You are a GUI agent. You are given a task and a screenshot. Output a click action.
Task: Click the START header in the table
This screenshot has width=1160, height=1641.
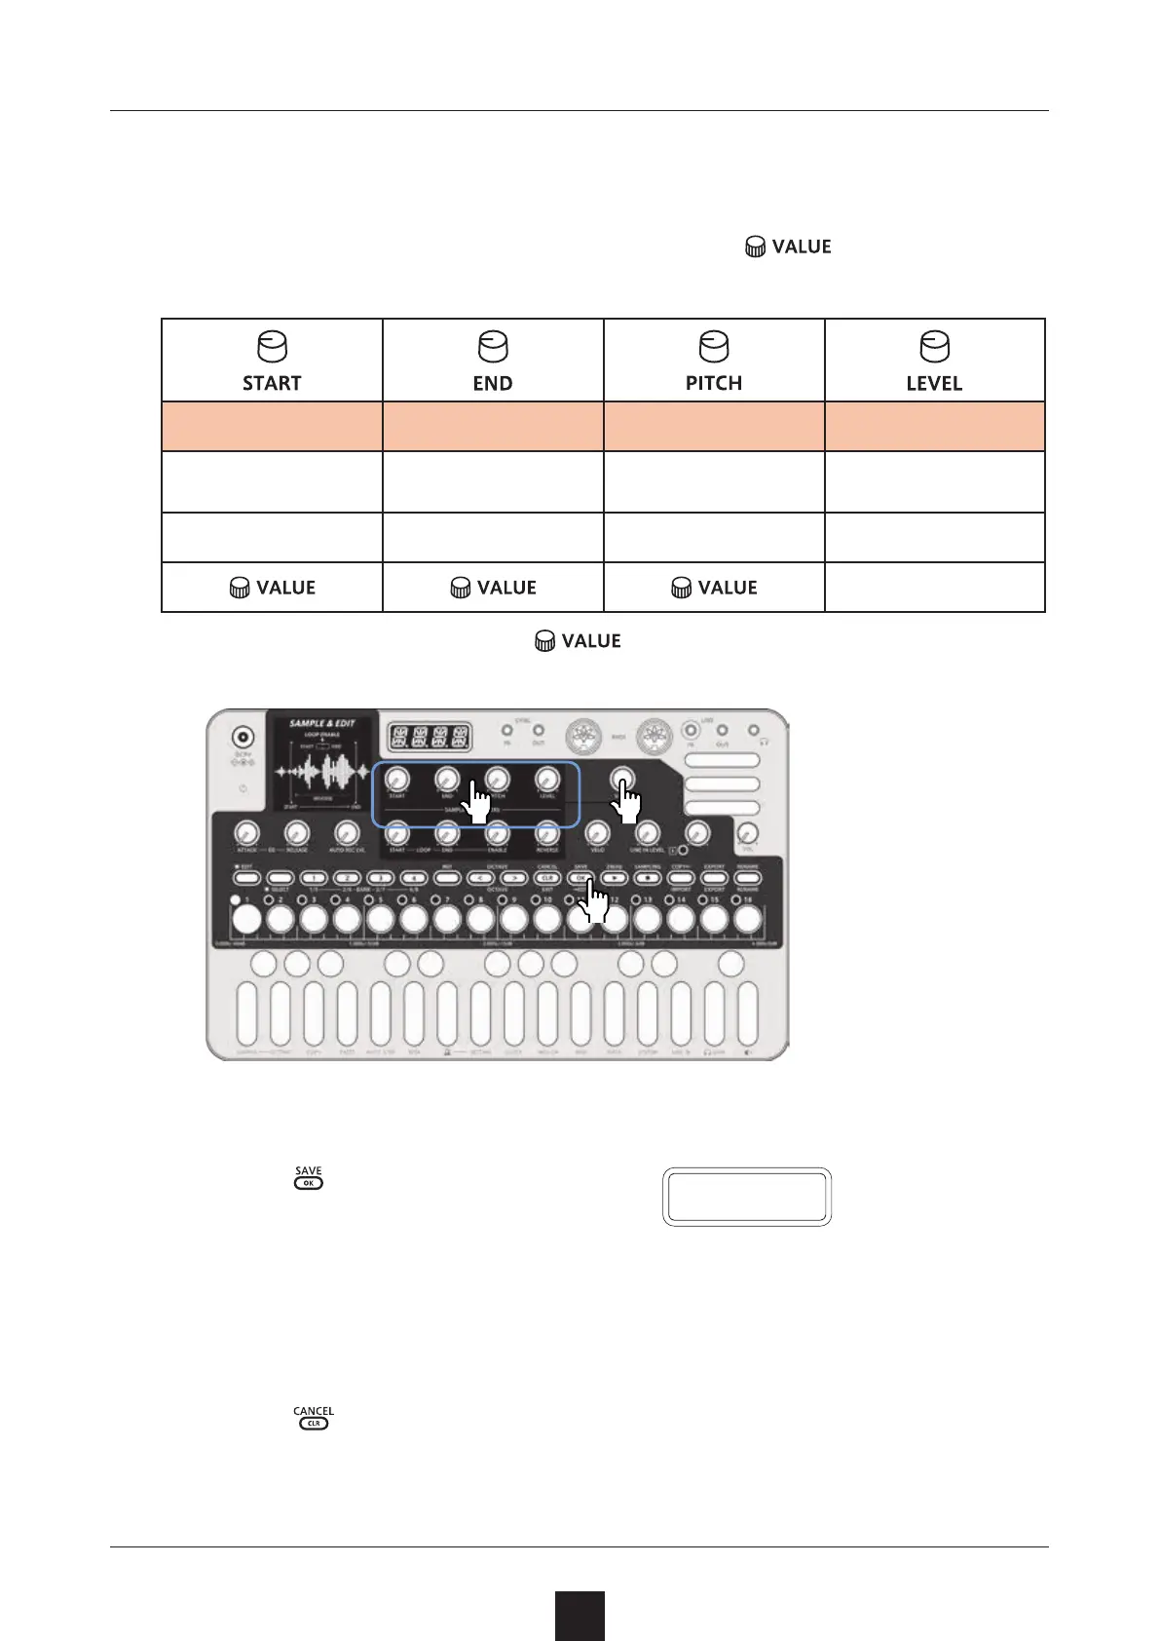(272, 383)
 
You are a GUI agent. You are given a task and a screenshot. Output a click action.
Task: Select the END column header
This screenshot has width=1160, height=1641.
(493, 383)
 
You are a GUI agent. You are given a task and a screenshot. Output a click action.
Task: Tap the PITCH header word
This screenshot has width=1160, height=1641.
(714, 383)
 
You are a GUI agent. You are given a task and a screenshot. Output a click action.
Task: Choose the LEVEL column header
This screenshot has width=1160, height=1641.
(934, 383)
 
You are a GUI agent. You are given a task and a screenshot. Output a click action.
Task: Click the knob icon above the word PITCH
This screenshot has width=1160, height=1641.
(714, 347)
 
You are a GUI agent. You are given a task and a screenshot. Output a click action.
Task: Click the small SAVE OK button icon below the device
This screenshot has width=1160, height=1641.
(309, 1182)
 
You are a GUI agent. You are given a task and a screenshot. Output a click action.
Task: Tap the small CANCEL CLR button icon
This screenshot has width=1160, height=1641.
(314, 1423)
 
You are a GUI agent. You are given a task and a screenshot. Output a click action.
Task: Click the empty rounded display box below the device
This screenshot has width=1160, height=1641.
(747, 1196)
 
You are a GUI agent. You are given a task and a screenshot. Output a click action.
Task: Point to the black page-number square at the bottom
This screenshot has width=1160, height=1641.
(580, 1616)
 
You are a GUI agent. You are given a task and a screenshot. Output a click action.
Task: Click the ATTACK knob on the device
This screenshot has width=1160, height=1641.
(246, 833)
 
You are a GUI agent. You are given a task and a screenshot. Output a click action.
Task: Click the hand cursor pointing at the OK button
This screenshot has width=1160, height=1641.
(594, 902)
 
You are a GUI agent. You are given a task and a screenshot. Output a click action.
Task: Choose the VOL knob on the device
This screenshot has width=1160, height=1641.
(748, 834)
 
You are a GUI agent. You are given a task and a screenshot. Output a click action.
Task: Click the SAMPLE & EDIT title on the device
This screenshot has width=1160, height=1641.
(322, 724)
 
